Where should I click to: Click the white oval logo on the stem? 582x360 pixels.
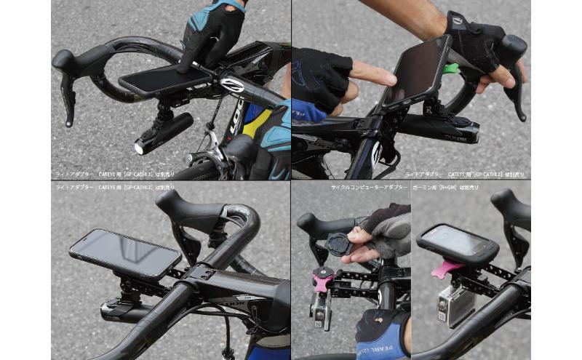234,84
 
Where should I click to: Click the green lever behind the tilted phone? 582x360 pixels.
452,70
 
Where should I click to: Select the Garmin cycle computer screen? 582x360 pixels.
457,241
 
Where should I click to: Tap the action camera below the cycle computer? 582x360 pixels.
453,303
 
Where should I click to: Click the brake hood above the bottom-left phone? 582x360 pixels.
182,211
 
